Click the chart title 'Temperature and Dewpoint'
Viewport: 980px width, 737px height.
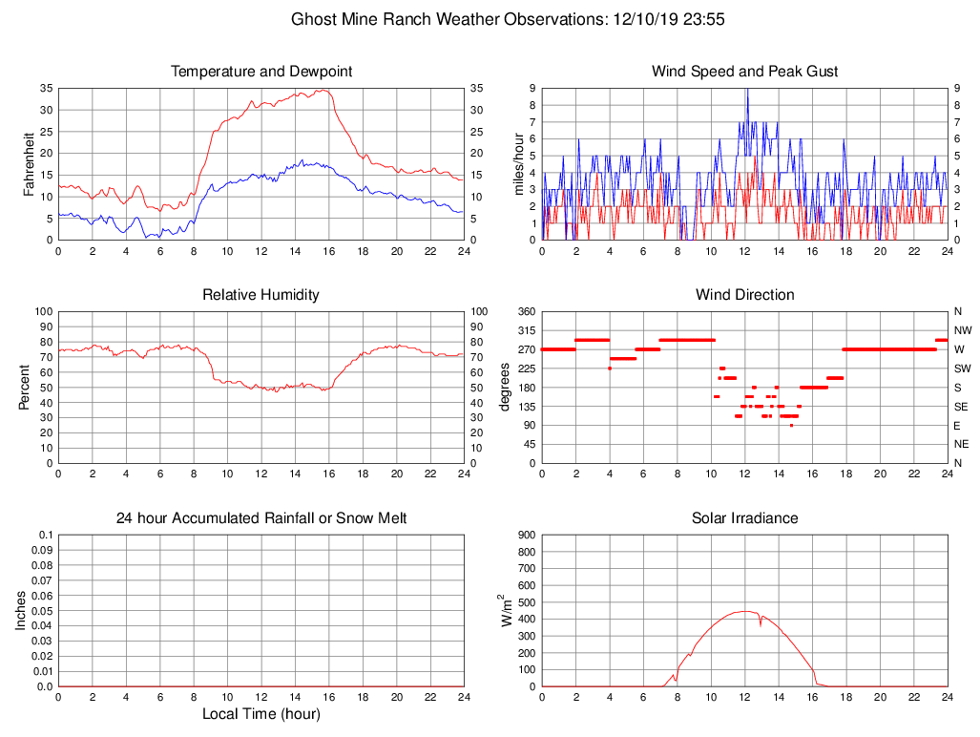click(x=261, y=72)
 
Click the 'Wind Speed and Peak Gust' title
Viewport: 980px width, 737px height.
click(x=744, y=72)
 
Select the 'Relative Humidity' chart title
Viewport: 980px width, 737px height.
click(x=261, y=295)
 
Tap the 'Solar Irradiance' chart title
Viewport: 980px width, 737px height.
click(x=744, y=518)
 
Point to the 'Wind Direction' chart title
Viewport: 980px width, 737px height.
click(x=744, y=295)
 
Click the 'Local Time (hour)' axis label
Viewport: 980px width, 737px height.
click(x=261, y=714)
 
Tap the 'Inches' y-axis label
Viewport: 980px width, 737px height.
click(x=21, y=611)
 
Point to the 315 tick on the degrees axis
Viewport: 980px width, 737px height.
click(x=526, y=330)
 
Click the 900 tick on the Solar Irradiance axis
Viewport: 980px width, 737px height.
click(x=526, y=535)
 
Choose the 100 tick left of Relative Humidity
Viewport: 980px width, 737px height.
click(x=43, y=311)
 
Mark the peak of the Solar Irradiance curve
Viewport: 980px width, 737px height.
click(x=744, y=611)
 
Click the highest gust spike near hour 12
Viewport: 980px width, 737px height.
click(x=747, y=89)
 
